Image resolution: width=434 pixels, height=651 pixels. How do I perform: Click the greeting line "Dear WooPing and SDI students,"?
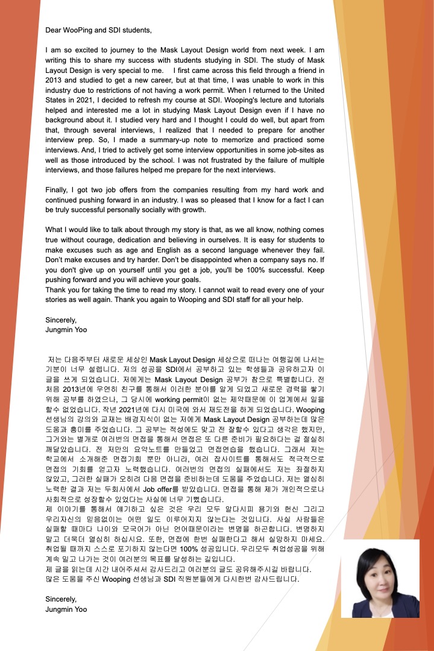(98, 29)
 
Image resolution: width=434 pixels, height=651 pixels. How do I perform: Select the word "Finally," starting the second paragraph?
(59, 190)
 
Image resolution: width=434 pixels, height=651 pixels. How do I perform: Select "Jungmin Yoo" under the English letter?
(66, 330)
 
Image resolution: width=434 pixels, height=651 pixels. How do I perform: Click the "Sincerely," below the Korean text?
(61, 599)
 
